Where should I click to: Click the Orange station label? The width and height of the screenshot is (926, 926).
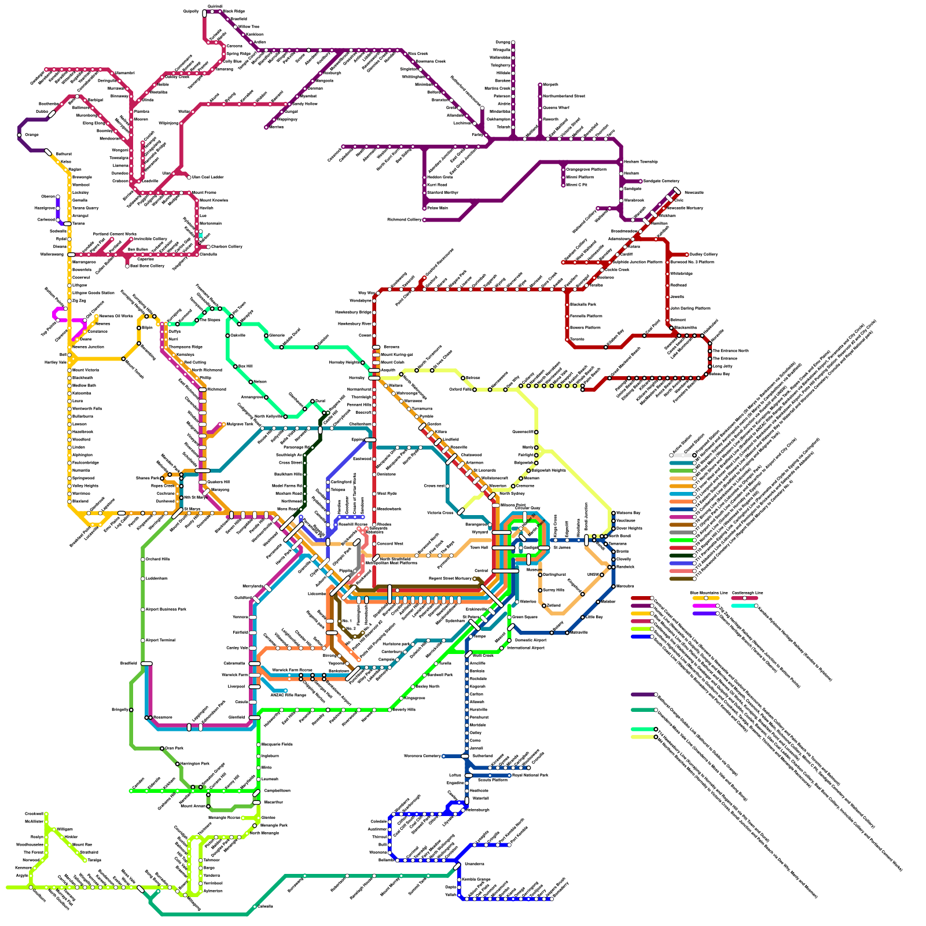[31, 135]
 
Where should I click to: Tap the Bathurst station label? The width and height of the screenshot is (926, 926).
[63, 154]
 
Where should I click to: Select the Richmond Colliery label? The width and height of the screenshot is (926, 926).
[405, 220]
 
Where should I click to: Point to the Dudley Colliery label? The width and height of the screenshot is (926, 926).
[704, 254]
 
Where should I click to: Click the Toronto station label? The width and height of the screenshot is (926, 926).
[577, 339]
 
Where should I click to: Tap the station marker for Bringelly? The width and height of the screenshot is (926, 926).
[131, 710]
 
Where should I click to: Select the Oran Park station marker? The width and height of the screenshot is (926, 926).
[162, 748]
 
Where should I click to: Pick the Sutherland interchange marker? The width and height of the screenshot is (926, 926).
[465, 756]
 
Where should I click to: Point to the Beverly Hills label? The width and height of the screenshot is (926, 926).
[404, 710]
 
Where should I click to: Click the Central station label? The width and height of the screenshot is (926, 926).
[481, 571]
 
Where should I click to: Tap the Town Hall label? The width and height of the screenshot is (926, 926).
[479, 547]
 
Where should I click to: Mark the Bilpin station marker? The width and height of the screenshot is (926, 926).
[139, 328]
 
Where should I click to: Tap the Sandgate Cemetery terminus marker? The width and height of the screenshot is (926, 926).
[641, 181]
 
